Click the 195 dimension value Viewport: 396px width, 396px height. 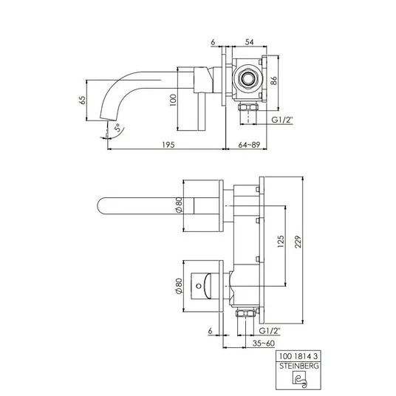(x=168, y=145)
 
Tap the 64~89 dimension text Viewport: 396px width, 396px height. (x=249, y=145)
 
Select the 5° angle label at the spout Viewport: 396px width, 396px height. (x=118, y=128)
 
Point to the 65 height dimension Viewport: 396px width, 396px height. (x=83, y=100)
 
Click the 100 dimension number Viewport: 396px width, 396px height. (x=173, y=100)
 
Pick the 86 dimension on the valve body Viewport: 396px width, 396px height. (x=274, y=81)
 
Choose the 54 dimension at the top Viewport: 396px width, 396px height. (x=249, y=42)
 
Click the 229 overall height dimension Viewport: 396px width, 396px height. (x=298, y=242)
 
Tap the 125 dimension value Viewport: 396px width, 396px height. (x=281, y=242)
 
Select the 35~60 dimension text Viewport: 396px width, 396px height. (x=264, y=344)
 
